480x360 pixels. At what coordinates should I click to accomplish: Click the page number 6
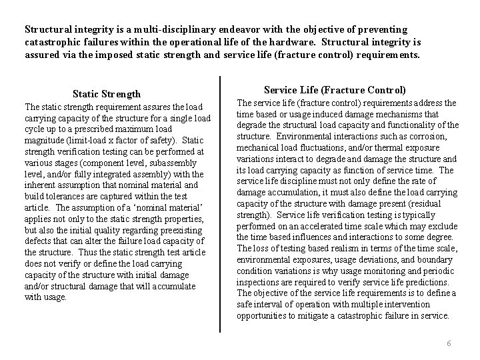[x=449, y=343]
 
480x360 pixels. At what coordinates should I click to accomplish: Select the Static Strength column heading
[x=107, y=94]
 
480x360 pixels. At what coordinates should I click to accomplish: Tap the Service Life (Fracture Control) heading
[x=335, y=89]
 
